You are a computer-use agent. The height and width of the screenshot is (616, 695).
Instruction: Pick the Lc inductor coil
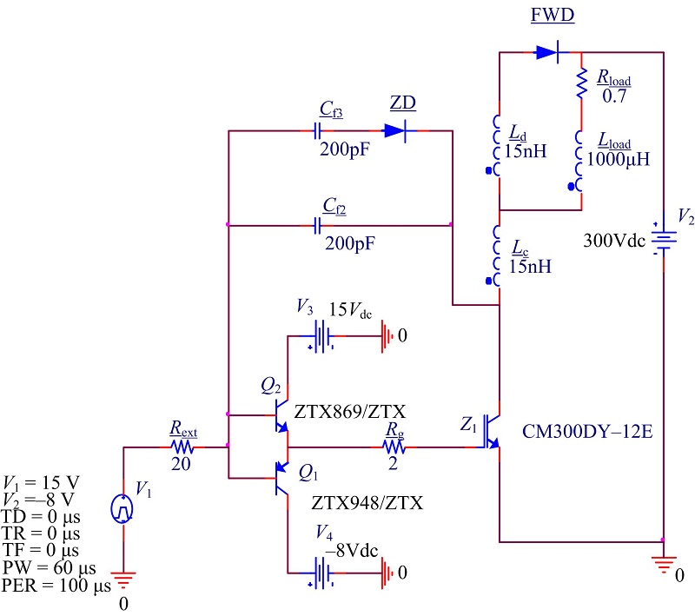click(x=499, y=255)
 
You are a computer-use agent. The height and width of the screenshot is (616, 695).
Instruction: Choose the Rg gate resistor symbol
click(x=392, y=447)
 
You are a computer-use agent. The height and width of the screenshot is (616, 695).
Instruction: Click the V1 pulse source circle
click(x=122, y=507)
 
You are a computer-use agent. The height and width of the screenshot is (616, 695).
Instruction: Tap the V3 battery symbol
click(x=323, y=334)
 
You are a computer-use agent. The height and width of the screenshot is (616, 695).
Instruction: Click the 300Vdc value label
click(x=613, y=242)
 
